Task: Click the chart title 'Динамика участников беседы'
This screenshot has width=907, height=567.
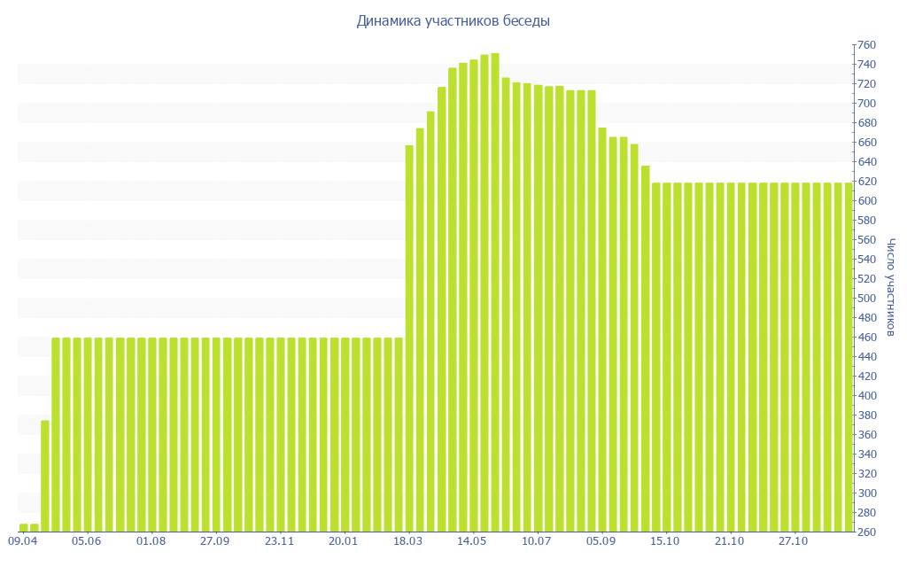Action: (453, 20)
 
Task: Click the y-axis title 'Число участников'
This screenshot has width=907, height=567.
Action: (890, 287)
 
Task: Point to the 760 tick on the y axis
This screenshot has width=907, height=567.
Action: (865, 45)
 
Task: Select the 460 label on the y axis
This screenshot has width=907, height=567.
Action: (865, 338)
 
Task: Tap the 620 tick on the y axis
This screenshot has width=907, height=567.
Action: (865, 182)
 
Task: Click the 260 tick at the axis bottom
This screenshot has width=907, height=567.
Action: (865, 532)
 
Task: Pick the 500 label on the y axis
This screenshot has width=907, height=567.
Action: (865, 299)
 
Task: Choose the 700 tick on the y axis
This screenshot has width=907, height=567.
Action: (865, 104)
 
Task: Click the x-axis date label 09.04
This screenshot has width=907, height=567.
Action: (23, 540)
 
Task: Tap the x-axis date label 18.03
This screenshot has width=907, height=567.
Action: (408, 540)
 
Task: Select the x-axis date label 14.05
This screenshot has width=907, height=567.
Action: (473, 540)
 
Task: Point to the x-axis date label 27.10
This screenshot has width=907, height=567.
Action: (794, 540)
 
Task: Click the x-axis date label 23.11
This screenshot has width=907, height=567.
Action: (280, 540)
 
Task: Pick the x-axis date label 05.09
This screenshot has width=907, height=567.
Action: (601, 540)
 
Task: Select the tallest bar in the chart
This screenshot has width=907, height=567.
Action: (495, 292)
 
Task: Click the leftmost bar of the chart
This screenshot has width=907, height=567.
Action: (24, 528)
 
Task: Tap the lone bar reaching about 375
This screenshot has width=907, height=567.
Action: (45, 476)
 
